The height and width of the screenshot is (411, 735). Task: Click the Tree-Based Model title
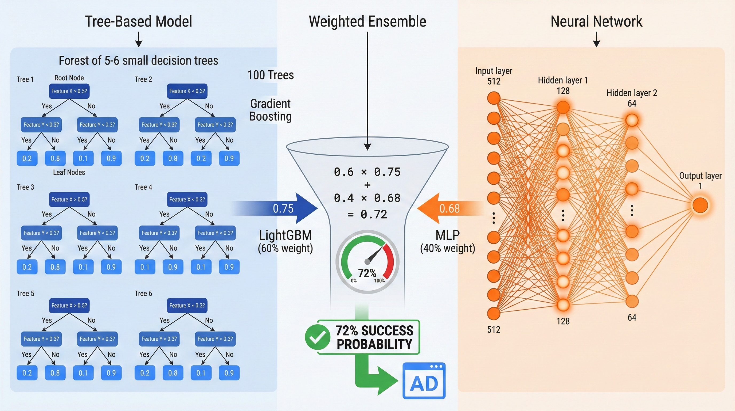pos(138,21)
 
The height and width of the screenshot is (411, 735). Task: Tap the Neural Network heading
pos(596,21)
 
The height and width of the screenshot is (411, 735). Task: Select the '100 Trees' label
pos(271,75)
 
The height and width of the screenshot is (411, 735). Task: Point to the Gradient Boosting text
pos(271,110)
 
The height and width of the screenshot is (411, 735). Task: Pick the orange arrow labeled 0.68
pos(448,208)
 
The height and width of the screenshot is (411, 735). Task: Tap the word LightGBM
pos(285,235)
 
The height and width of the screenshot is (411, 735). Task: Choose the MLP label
pos(447,235)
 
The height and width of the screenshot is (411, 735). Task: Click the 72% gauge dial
pos(367,261)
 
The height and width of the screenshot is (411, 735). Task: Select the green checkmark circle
pos(317,337)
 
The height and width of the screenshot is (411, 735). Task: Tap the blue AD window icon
pos(424,381)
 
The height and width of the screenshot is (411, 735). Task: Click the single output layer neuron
pos(700,205)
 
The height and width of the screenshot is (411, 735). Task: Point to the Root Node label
pos(69,78)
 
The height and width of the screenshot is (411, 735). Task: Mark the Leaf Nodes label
pos(69,172)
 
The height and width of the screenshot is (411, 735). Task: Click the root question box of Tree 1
pos(69,91)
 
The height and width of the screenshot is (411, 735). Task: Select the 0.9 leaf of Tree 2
pos(229,158)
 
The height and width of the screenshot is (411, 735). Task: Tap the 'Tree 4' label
pos(143,187)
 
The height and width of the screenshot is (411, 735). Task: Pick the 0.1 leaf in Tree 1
pos(83,158)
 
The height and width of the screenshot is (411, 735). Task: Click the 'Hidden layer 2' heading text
pos(632,93)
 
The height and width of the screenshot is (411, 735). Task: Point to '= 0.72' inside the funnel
pos(367,214)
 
